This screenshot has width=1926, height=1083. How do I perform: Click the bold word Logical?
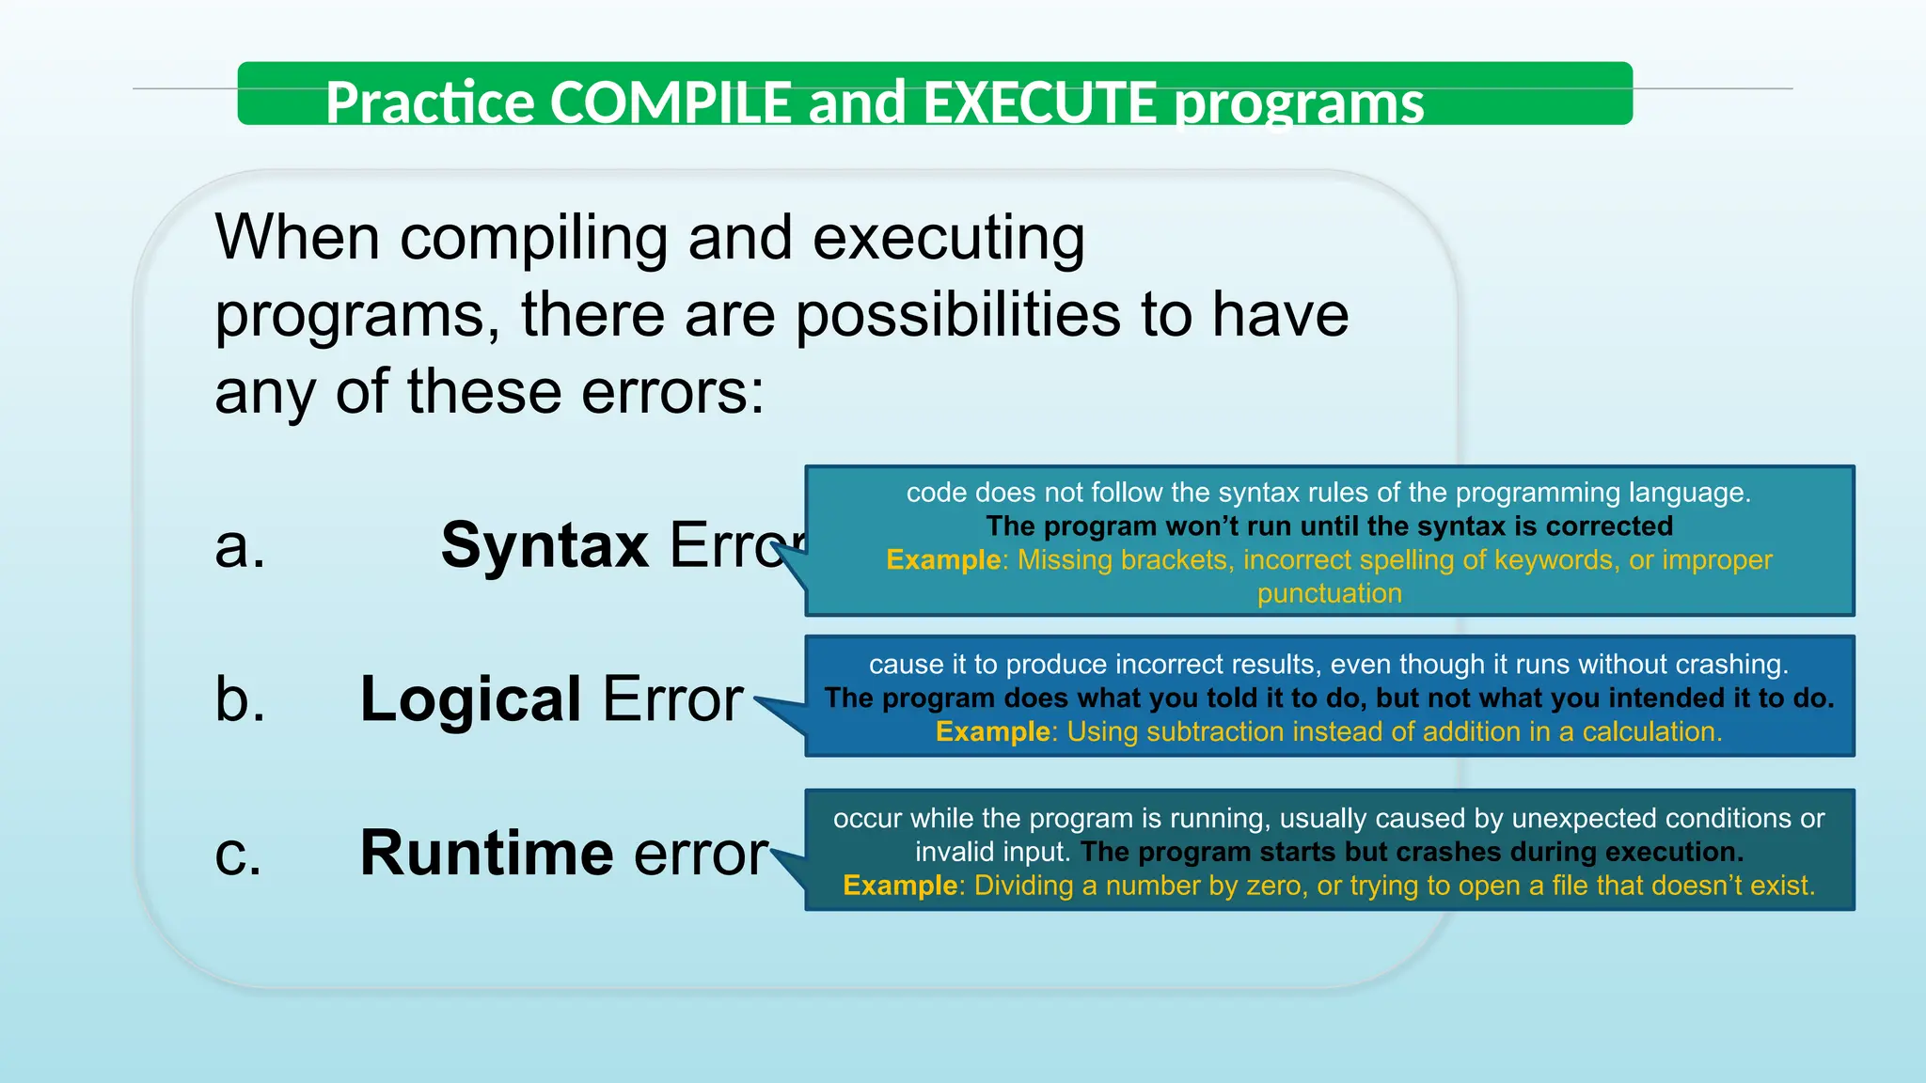(471, 699)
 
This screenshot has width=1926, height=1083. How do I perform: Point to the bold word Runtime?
(487, 853)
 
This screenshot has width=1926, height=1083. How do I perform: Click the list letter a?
(240, 546)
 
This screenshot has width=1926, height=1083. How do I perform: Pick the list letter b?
(240, 699)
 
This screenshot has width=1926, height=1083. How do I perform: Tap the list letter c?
(238, 855)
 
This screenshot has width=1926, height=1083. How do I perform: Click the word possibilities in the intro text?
(957, 314)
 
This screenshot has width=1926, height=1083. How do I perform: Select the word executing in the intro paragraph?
(948, 238)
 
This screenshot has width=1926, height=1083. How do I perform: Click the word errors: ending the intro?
(672, 391)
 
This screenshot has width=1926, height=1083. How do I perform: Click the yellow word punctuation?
(1329, 593)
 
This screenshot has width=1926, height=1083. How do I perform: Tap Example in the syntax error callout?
(943, 560)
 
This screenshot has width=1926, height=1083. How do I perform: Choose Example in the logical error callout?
(992, 731)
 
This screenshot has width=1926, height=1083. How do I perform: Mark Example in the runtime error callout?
(900, 886)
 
